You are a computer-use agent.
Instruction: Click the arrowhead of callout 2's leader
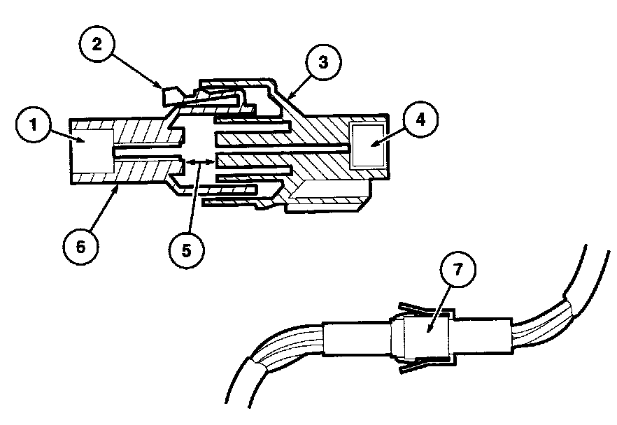click(162, 87)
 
